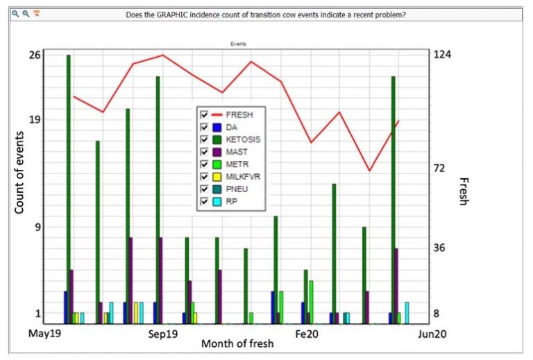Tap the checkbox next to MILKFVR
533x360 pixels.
click(203, 176)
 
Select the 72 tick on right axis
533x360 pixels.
click(440, 168)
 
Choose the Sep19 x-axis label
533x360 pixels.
click(164, 334)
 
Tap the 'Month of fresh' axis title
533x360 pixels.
click(237, 343)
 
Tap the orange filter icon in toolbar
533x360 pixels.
click(37, 14)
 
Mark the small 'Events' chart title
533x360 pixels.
click(239, 44)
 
